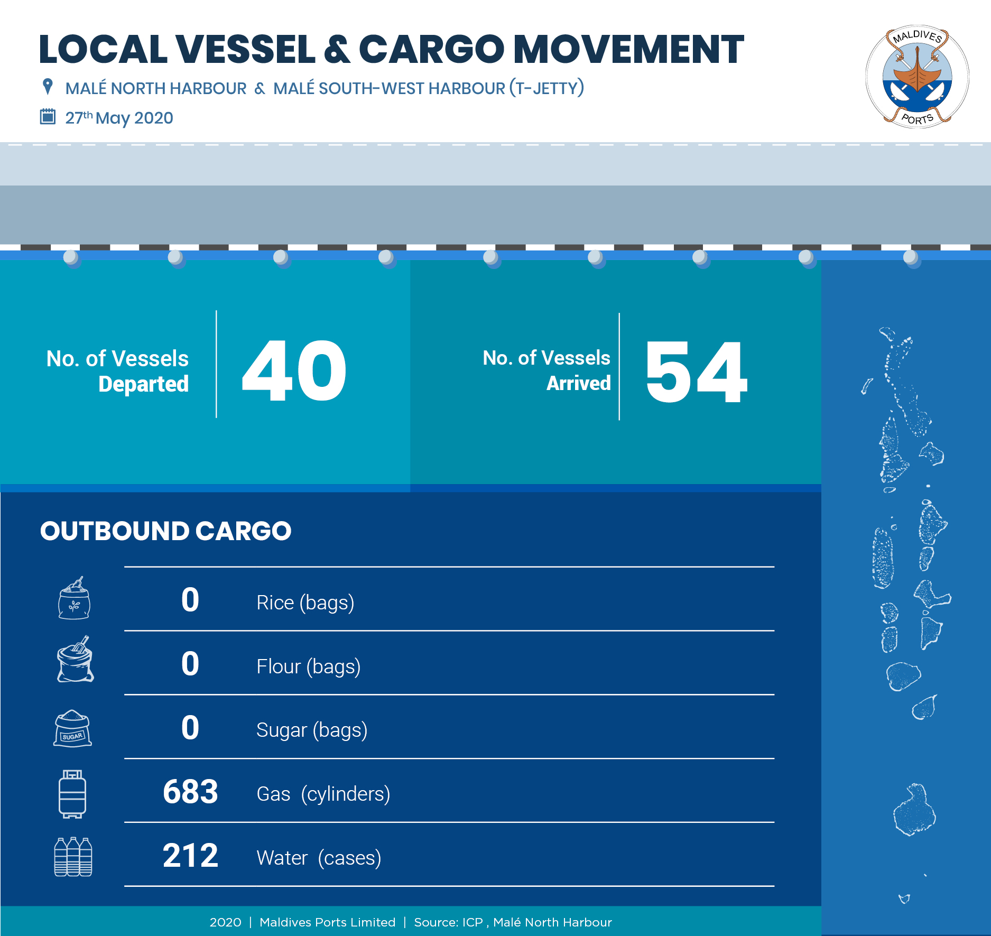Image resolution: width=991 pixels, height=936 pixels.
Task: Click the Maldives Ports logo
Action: point(917,77)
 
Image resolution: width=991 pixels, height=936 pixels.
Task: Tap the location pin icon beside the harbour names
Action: point(48,87)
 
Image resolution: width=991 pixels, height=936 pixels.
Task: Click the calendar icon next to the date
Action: point(48,116)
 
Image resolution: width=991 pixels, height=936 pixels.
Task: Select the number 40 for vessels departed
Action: point(294,370)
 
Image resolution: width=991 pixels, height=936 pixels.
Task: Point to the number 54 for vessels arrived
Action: point(696,372)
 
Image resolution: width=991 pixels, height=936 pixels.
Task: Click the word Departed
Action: point(143,384)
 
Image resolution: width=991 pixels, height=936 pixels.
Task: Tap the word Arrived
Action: point(578,383)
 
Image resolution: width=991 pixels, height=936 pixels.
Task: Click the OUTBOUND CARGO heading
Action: point(165,531)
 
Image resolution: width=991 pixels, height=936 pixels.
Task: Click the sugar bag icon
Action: point(73,728)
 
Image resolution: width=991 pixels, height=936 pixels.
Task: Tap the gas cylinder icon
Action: point(72,794)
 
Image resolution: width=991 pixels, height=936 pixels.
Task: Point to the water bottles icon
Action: point(73,857)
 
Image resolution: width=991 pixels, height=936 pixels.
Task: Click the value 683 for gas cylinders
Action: point(190,792)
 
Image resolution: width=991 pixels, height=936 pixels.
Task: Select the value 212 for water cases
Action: point(190,856)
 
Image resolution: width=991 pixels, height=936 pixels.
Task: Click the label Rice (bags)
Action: point(305,603)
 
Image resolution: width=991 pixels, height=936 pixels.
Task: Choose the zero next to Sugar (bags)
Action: point(190,728)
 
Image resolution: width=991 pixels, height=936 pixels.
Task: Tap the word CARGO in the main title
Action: point(431,50)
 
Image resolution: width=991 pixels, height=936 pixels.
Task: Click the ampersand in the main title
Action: point(337,50)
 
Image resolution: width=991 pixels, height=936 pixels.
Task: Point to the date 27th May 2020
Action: point(119,117)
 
